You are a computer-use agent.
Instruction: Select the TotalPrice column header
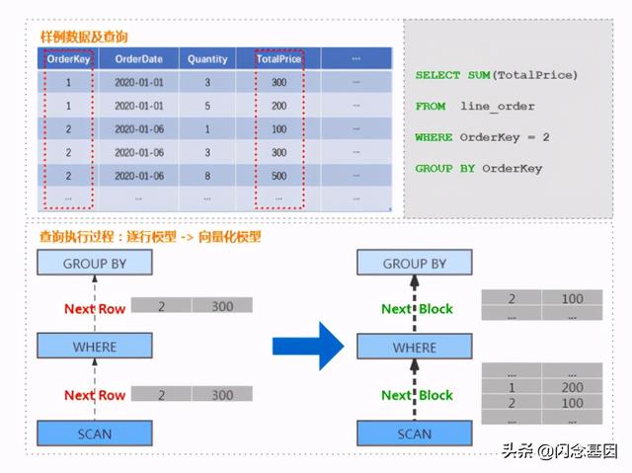[277, 59]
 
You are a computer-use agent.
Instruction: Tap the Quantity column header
[207, 59]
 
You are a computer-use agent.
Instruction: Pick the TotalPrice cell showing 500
[277, 175]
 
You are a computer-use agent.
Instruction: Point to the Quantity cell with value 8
[207, 175]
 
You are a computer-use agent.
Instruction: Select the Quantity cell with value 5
[207, 106]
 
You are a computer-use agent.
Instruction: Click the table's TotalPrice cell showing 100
[277, 129]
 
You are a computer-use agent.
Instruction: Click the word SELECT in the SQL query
[437, 75]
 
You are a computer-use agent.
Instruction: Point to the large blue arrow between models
[307, 347]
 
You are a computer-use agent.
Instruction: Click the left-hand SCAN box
[95, 433]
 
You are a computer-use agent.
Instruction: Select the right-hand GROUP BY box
[414, 264]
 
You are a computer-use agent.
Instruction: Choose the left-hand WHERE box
[95, 347]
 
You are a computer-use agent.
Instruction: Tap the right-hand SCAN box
[414, 433]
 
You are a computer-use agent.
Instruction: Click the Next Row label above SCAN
[95, 395]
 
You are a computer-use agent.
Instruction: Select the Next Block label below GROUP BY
[417, 308]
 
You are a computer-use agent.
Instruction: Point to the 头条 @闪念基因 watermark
[559, 452]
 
